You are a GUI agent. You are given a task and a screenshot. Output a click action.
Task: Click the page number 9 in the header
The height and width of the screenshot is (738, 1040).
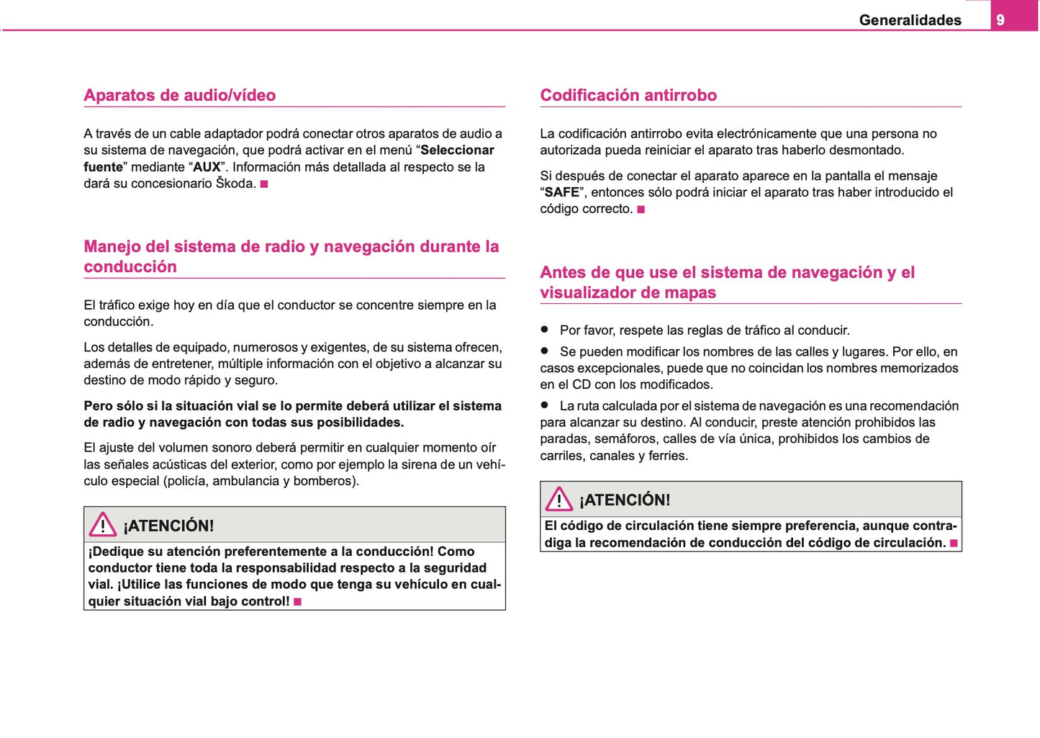1000,20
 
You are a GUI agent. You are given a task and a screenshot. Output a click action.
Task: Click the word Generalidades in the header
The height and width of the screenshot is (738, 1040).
910,20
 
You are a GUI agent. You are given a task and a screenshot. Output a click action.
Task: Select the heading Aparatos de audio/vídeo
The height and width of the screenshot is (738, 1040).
179,95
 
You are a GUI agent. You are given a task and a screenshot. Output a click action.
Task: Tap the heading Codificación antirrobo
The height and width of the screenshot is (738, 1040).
628,95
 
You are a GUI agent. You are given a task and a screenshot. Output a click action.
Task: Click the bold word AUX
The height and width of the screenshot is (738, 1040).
207,167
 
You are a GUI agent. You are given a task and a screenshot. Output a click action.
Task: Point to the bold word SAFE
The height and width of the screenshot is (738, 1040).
561,192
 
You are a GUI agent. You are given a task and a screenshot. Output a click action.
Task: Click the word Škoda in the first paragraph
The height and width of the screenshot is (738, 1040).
235,184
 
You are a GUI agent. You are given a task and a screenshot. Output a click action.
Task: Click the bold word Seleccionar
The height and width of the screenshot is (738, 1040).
457,150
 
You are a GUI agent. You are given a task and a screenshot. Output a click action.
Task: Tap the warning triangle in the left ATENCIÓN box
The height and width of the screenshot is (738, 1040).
103,525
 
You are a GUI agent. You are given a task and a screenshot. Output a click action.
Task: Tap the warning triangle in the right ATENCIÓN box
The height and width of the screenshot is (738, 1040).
559,499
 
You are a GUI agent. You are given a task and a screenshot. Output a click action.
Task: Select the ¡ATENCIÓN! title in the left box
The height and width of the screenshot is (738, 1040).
168,526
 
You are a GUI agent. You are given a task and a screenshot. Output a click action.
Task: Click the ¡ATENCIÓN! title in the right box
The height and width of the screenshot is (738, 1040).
625,500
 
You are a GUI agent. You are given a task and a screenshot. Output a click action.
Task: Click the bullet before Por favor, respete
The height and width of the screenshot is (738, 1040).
545,329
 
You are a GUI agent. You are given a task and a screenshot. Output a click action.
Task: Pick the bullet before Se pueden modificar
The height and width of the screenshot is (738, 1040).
545,351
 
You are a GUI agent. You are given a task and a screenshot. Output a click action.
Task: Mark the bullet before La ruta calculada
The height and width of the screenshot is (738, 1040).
545,405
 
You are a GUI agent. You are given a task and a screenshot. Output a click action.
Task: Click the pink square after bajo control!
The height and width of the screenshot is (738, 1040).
297,602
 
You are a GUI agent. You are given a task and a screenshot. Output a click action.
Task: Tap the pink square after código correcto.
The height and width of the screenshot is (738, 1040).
641,210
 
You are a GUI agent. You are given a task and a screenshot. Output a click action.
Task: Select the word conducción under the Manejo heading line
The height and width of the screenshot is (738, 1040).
130,266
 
